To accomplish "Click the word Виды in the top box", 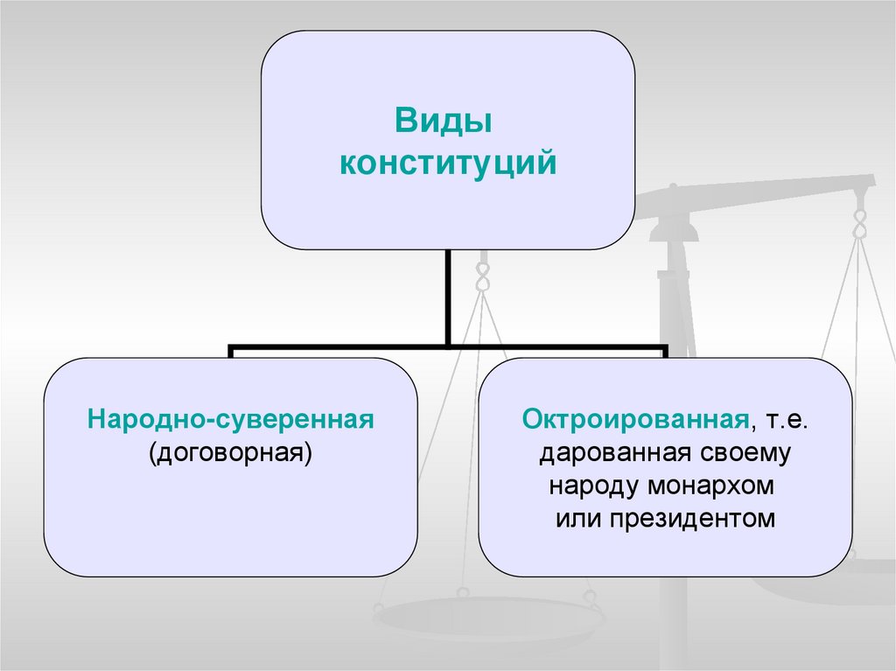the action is click(444, 120).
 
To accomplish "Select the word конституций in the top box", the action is click(448, 163).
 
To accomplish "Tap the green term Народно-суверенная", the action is click(231, 420).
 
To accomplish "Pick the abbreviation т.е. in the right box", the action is click(786, 421).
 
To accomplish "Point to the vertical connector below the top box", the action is click(448, 297).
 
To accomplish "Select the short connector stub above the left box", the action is click(231, 353).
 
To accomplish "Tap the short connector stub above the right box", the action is click(665, 353).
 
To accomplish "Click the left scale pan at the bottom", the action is click(490, 618).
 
